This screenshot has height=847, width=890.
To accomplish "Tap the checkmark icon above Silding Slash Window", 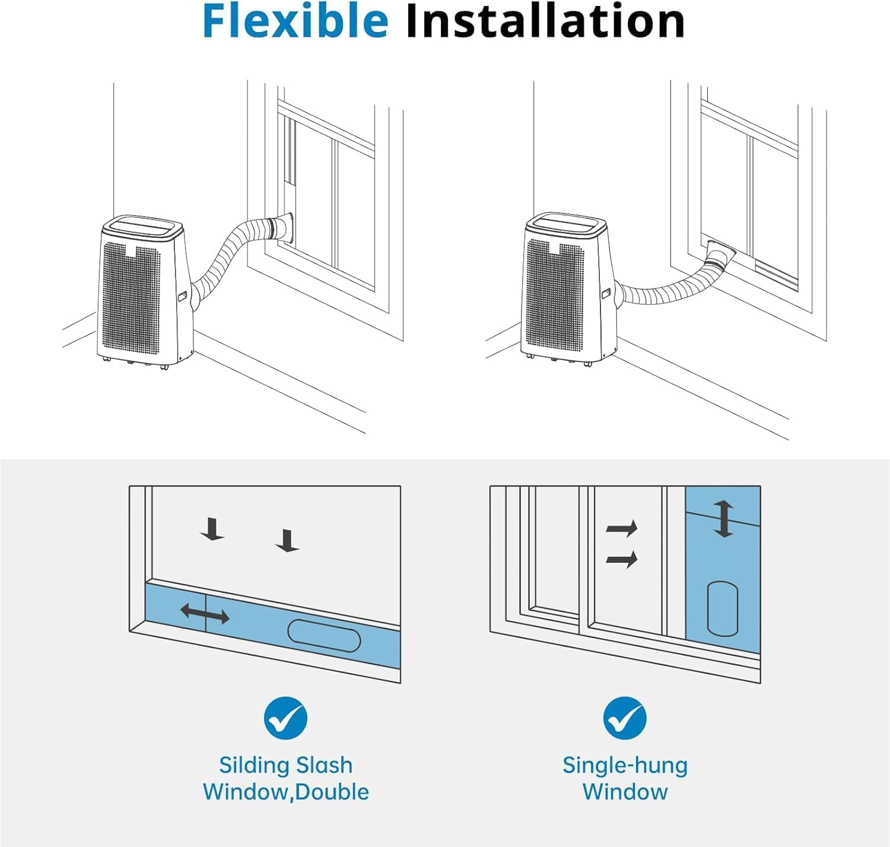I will [x=285, y=718].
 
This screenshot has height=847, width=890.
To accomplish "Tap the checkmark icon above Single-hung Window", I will [x=625, y=718].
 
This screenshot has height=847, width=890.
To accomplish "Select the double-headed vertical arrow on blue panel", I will [x=723, y=519].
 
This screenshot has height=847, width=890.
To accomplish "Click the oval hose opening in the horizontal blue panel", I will [x=324, y=636].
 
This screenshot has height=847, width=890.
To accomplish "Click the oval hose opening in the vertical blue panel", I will [x=723, y=608].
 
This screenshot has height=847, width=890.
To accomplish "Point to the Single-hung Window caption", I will [x=625, y=778].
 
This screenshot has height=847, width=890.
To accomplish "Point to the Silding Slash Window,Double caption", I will [x=285, y=778].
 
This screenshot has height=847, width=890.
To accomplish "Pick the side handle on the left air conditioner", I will [x=182, y=295].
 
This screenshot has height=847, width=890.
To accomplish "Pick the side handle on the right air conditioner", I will [x=606, y=293].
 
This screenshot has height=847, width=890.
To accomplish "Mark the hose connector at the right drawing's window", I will [x=720, y=255].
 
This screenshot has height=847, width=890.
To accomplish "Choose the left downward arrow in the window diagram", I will [x=212, y=529].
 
